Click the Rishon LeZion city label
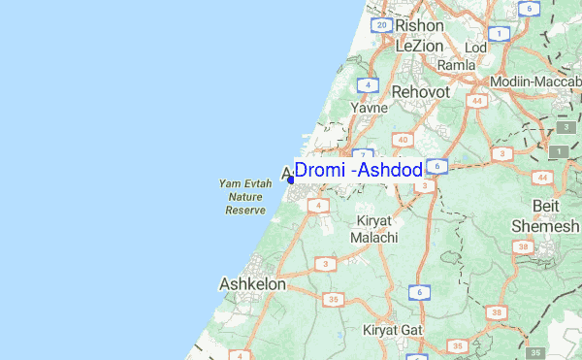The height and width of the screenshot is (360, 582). pyautogui.click(x=419, y=35)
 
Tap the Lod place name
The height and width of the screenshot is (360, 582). pyautogui.click(x=476, y=47)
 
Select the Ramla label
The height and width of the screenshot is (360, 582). pyautogui.click(x=456, y=65)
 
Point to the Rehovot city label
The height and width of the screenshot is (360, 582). pyautogui.click(x=420, y=90)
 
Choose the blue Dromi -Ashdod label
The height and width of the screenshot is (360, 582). pyautogui.click(x=358, y=171)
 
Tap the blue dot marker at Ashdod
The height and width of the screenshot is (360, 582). pyautogui.click(x=291, y=180)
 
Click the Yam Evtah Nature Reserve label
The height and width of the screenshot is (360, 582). pyautogui.click(x=245, y=196)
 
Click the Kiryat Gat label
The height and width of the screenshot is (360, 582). pyautogui.click(x=393, y=330)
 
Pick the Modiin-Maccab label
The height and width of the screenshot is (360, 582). pyautogui.click(x=535, y=82)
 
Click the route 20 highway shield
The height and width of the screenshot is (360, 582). pyautogui.click(x=382, y=25)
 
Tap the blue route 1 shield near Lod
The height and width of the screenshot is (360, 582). pyautogui.click(x=500, y=33)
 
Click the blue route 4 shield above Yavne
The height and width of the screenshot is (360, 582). pyautogui.click(x=367, y=84)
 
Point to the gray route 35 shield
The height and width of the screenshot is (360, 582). pyautogui.click(x=536, y=352)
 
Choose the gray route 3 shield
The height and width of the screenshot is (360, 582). pyautogui.click(x=565, y=128)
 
